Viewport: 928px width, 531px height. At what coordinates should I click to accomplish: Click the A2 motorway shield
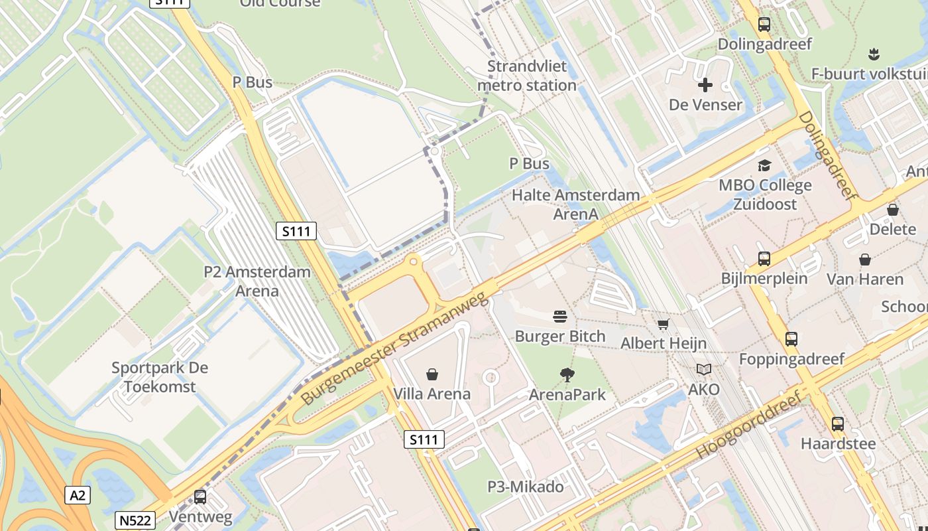pyautogui.click(x=78, y=494)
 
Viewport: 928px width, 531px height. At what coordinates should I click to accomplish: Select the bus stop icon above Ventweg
pyautogui.click(x=200, y=496)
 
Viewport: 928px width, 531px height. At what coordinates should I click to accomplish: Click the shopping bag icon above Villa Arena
pyautogui.click(x=432, y=374)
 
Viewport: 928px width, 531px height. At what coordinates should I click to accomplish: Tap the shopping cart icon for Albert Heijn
pyautogui.click(x=663, y=324)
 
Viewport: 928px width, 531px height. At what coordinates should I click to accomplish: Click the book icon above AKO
pyautogui.click(x=703, y=369)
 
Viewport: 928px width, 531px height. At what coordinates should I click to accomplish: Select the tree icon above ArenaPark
pyautogui.click(x=567, y=375)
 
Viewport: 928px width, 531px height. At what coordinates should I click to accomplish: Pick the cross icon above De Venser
pyautogui.click(x=705, y=85)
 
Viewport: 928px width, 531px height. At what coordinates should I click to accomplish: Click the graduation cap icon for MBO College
pyautogui.click(x=765, y=165)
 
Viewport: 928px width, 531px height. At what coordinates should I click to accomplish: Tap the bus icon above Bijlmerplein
pyautogui.click(x=764, y=258)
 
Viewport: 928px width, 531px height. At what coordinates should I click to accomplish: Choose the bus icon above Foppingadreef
pyautogui.click(x=791, y=339)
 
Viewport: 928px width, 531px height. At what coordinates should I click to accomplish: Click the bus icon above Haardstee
pyautogui.click(x=838, y=423)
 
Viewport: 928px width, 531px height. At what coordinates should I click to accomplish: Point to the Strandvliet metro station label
pyautogui.click(x=527, y=76)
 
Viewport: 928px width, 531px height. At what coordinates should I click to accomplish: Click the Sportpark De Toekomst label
pyautogui.click(x=160, y=377)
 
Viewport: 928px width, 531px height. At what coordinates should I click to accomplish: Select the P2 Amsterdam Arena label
pyautogui.click(x=257, y=281)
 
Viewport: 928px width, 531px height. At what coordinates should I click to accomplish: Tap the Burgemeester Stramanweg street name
pyautogui.click(x=395, y=350)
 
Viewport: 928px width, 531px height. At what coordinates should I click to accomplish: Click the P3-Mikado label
pyautogui.click(x=526, y=487)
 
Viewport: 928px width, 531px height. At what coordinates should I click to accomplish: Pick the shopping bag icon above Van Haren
pyautogui.click(x=865, y=259)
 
